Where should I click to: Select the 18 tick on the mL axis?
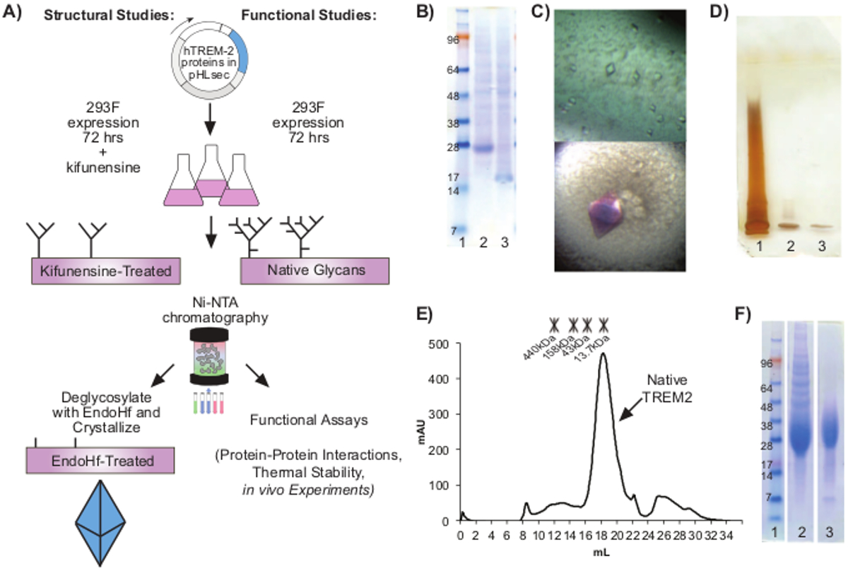(603, 534)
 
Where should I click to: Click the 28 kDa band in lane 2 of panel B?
(483, 149)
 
